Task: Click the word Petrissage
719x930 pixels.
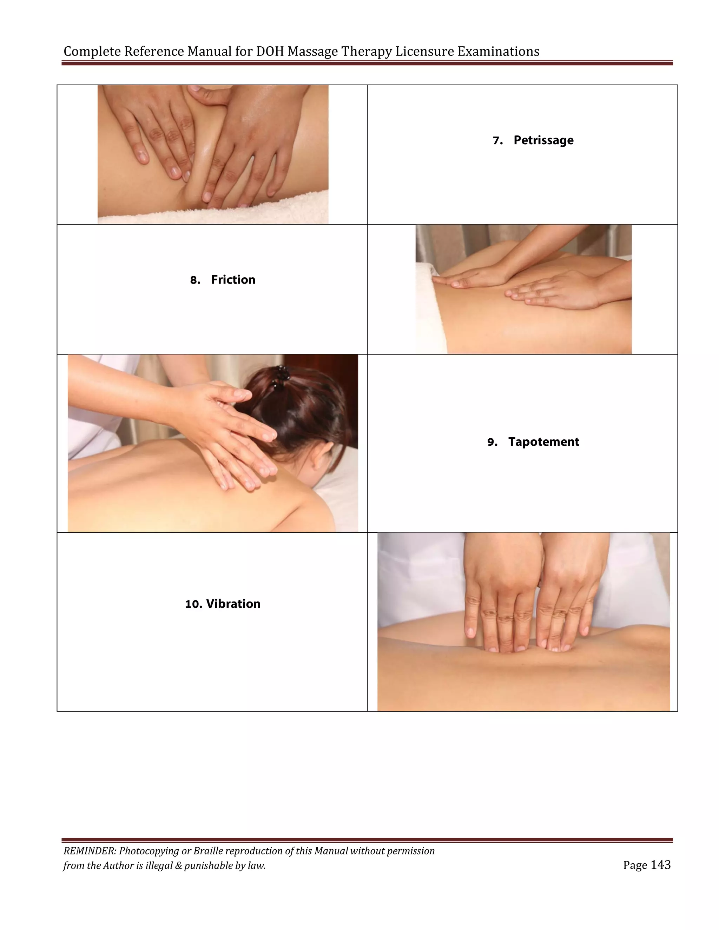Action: click(x=543, y=140)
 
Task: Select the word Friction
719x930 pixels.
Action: click(x=233, y=280)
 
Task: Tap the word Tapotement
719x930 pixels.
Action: click(x=543, y=441)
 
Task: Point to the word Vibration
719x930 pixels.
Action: click(x=233, y=604)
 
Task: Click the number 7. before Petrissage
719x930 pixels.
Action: click(x=497, y=141)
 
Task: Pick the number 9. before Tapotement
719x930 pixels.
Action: click(x=493, y=443)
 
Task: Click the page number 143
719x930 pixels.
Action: click(x=661, y=865)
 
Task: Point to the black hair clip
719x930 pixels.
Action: click(x=281, y=376)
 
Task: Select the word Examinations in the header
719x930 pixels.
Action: click(x=499, y=52)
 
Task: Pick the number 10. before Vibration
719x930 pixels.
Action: click(x=193, y=604)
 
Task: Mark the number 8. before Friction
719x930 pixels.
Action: click(x=195, y=280)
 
